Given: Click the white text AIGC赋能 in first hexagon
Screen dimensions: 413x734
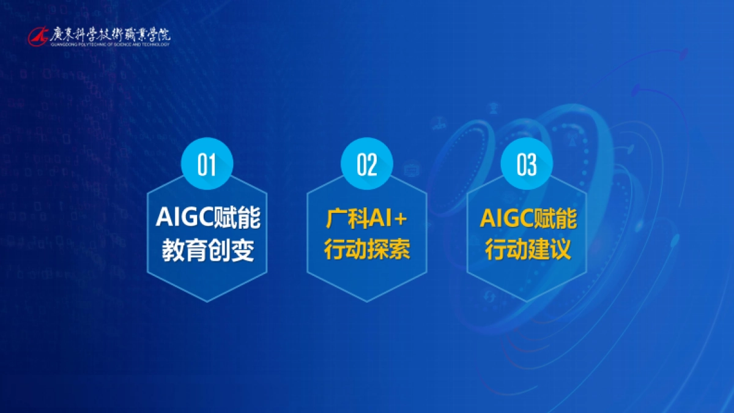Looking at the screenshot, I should click(x=207, y=218).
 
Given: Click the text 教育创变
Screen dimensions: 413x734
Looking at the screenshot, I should click(x=207, y=250).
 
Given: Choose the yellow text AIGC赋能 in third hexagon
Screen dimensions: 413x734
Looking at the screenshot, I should click(x=527, y=218).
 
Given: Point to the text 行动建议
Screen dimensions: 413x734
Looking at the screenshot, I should click(x=527, y=250).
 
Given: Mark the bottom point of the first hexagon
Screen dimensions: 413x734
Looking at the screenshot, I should click(x=207, y=301).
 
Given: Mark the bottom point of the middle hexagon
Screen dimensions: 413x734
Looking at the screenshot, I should click(x=367, y=301).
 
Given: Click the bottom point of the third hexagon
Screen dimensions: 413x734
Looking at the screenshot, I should click(x=527, y=301).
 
